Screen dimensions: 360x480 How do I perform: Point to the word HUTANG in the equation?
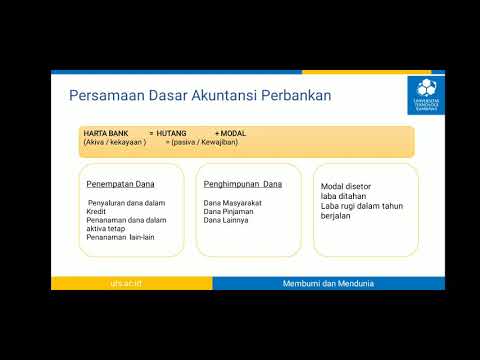coord(171,133)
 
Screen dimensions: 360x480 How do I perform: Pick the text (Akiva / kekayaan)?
coord(115,142)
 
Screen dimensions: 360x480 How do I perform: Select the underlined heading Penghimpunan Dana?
coord(242,184)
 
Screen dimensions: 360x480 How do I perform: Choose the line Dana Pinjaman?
coord(226,211)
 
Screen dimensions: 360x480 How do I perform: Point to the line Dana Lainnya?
coord(225,220)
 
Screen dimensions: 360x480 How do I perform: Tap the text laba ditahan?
coord(342,195)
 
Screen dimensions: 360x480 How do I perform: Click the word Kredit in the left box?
coord(96,211)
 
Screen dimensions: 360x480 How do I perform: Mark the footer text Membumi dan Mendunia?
coord(327,284)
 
